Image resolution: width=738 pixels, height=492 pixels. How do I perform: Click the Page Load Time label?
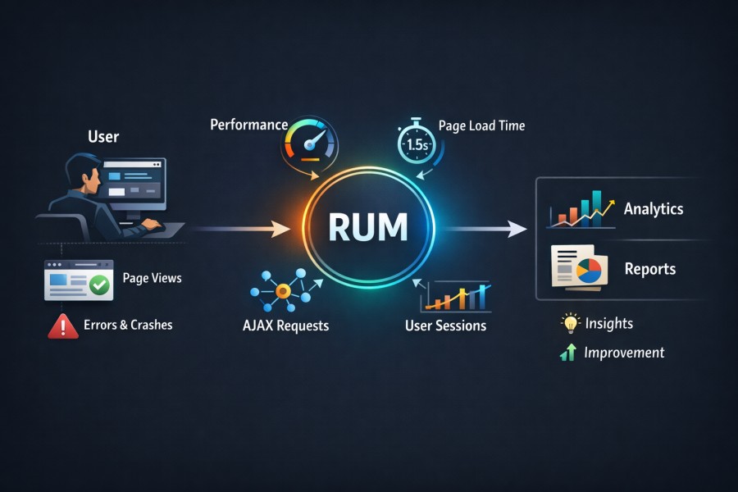pyautogui.click(x=481, y=126)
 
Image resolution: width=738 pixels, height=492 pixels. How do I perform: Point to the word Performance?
pyautogui.click(x=248, y=125)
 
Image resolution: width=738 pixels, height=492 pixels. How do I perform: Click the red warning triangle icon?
pyautogui.click(x=63, y=326)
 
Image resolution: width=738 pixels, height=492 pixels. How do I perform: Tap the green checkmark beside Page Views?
pyautogui.click(x=100, y=285)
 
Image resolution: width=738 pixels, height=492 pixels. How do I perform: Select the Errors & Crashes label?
pyautogui.click(x=128, y=325)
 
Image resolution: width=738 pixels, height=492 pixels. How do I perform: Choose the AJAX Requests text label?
pyautogui.click(x=285, y=326)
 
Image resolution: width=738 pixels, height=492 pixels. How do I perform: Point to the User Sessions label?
pyautogui.click(x=445, y=326)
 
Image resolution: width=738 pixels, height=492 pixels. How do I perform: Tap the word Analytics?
pyautogui.click(x=654, y=208)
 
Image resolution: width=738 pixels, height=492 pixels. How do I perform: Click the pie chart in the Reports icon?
pyautogui.click(x=588, y=271)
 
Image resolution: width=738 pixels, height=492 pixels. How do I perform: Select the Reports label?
pyautogui.click(x=650, y=269)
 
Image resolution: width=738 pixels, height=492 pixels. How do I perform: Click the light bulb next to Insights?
pyautogui.click(x=568, y=323)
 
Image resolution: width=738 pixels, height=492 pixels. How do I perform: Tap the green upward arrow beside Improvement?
pyautogui.click(x=567, y=353)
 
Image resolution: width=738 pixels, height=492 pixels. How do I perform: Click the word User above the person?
pyautogui.click(x=104, y=135)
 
